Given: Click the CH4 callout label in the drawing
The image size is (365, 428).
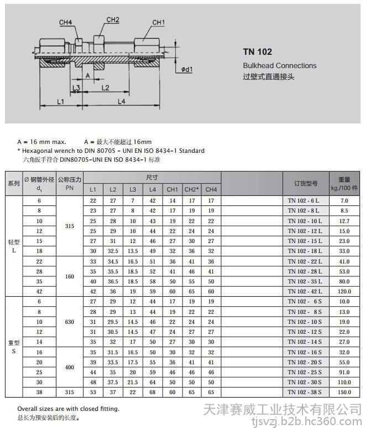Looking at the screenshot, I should [x=65, y=23].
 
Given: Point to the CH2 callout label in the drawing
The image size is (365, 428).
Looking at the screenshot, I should [x=113, y=20].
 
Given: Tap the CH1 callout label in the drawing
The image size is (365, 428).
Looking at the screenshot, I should [x=159, y=23].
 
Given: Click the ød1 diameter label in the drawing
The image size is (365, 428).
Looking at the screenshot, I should [x=186, y=70].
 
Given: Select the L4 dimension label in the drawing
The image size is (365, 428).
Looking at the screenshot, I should [x=121, y=102].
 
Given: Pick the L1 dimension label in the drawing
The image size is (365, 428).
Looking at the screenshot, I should [x=61, y=102].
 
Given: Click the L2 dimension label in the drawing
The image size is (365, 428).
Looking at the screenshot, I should [x=106, y=88].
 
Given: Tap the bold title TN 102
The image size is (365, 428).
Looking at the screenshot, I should [x=257, y=52].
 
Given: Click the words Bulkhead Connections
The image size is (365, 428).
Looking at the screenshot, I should [x=279, y=65].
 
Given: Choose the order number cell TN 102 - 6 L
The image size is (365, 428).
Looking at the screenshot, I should [x=304, y=200].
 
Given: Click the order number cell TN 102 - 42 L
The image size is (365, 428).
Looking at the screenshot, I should [x=304, y=291].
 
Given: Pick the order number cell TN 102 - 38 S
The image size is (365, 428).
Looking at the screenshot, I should [x=304, y=392].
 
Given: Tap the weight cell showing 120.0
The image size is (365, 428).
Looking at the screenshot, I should [x=345, y=291].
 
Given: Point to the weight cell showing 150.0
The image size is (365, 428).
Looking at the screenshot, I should [x=345, y=392].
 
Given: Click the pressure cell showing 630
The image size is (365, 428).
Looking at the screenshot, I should [x=70, y=322].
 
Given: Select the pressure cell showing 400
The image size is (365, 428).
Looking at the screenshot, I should [x=70, y=367].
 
